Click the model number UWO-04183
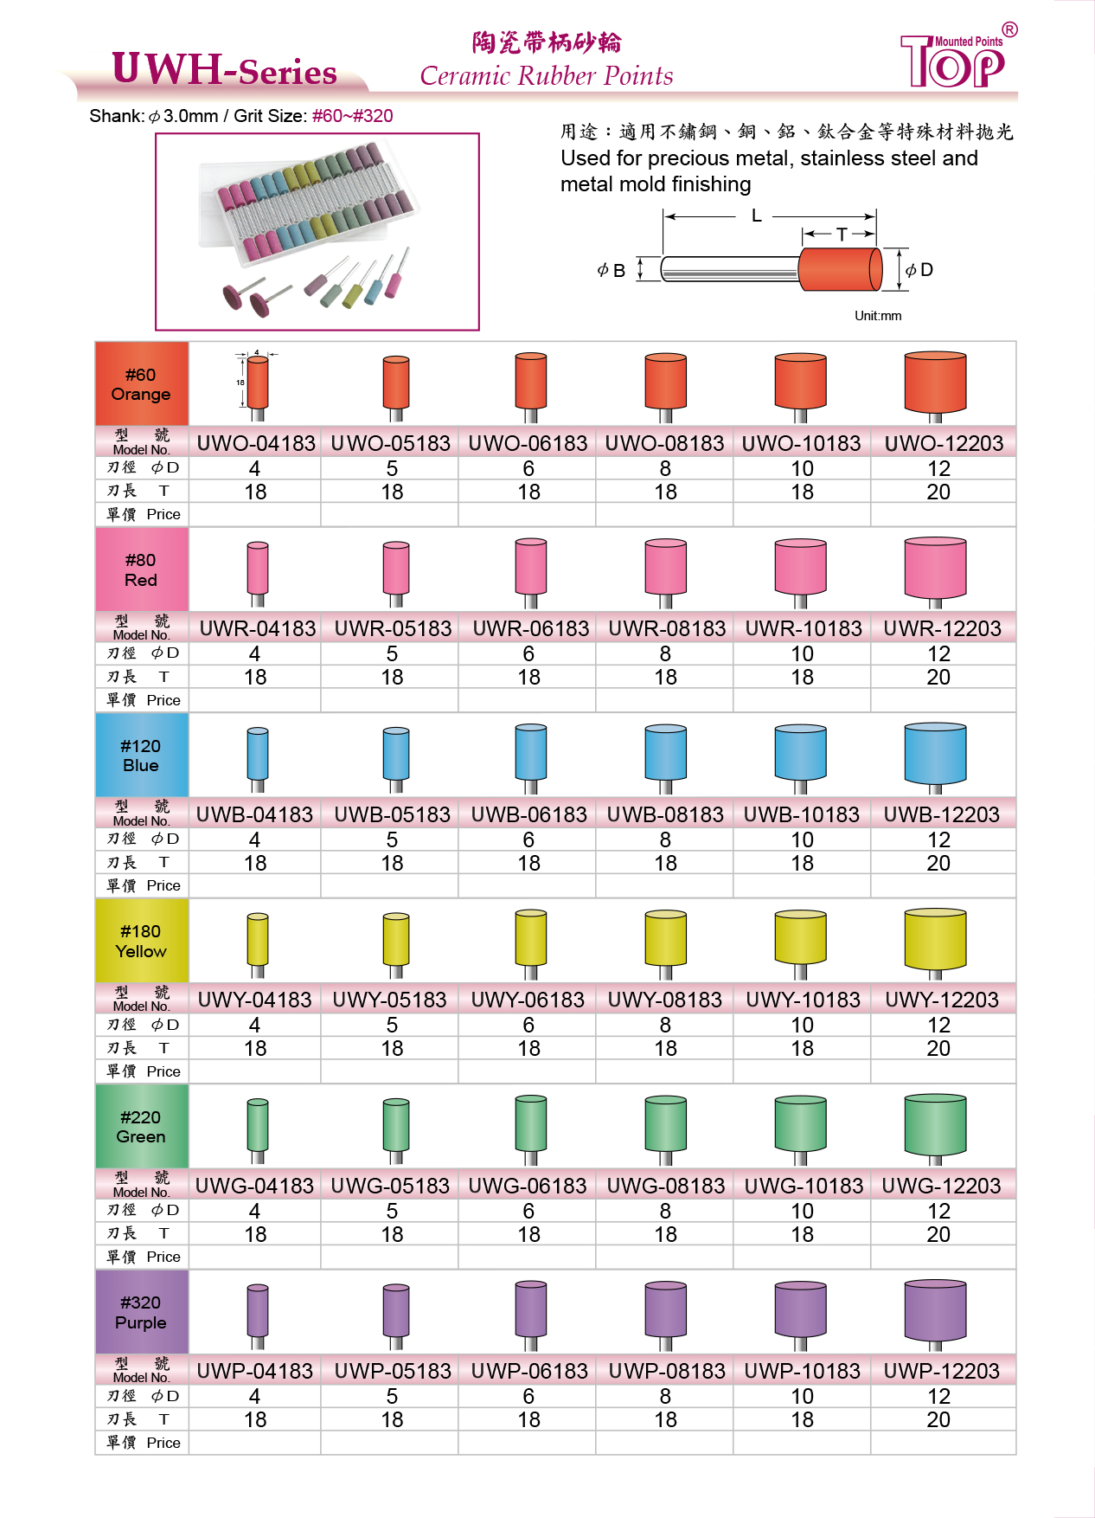tap(256, 443)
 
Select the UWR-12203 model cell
tap(942, 628)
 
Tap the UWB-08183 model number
tap(665, 814)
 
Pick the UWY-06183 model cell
tap(528, 1000)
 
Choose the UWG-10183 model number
tap(804, 1186)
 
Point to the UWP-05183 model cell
tap(393, 1371)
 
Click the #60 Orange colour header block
tap(141, 384)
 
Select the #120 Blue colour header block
tap(141, 756)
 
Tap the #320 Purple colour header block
tap(141, 1312)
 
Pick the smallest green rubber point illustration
tap(258, 1125)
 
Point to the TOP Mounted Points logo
tap(957, 59)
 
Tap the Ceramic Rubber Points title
tap(547, 76)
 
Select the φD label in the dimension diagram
tap(919, 270)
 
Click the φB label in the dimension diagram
tap(612, 270)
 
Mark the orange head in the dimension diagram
tap(839, 269)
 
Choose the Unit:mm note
tap(878, 316)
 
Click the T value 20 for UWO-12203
tap(938, 492)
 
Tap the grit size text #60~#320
tap(352, 116)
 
